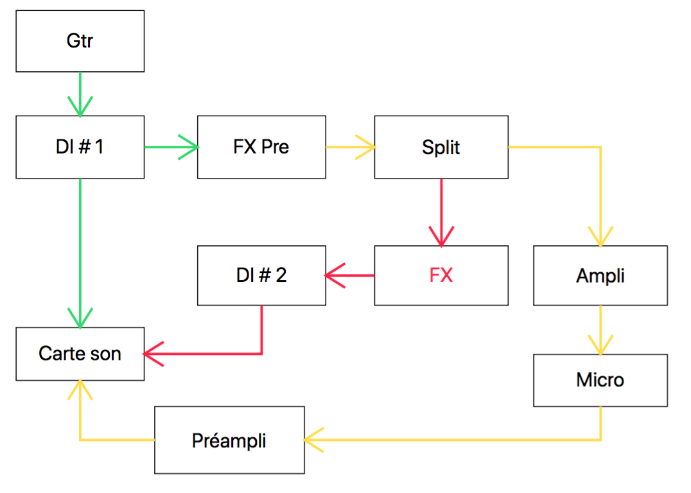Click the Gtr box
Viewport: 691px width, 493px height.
[x=80, y=41]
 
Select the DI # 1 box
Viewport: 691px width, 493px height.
[x=80, y=147]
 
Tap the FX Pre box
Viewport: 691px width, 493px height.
[x=261, y=147]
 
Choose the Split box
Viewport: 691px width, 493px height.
[x=441, y=147]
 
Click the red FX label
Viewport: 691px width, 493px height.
[x=441, y=275]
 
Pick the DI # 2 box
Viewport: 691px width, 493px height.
[x=261, y=275]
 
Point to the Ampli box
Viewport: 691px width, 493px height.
[x=600, y=275]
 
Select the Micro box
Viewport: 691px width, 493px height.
[x=600, y=380]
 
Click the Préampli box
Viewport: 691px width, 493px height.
[x=229, y=440]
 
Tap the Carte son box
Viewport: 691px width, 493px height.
[x=80, y=354]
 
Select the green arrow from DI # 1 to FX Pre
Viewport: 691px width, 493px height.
[x=171, y=147]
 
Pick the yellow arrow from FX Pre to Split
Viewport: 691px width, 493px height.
[x=350, y=147]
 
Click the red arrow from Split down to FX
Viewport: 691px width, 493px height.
[x=441, y=212]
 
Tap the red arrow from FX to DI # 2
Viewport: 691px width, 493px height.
[x=350, y=275]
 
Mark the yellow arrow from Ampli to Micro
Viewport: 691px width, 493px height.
[x=600, y=329]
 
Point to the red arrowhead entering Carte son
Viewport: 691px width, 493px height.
[x=152, y=354]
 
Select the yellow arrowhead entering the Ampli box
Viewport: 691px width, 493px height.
[x=600, y=238]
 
